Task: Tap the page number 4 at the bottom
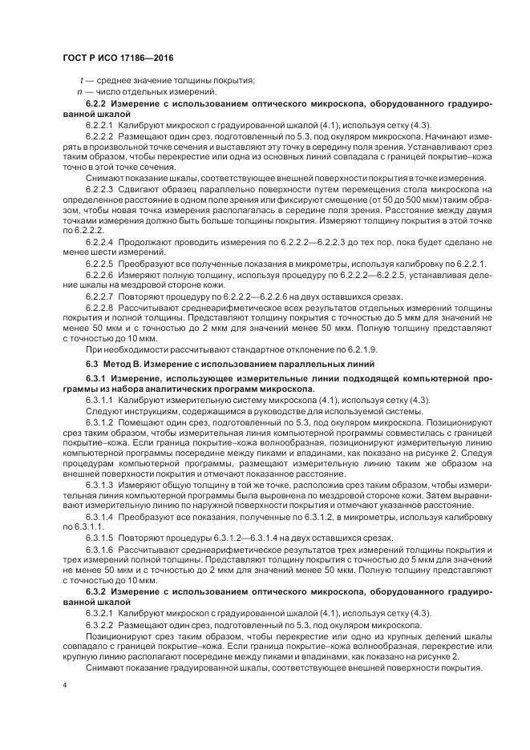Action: click(63, 686)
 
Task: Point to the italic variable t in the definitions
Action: click(82, 81)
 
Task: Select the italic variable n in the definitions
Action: click(82, 92)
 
